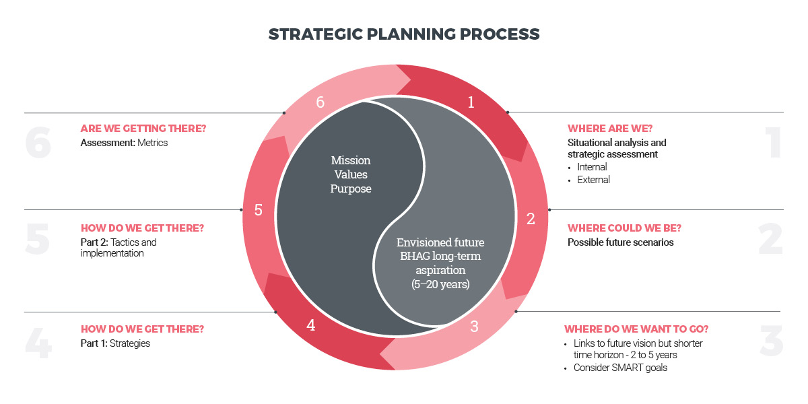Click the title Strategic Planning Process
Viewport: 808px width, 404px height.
(x=404, y=34)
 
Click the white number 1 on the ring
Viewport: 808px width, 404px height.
(x=471, y=102)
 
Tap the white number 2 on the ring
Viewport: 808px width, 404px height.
(x=531, y=218)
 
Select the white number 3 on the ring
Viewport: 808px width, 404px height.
(x=474, y=327)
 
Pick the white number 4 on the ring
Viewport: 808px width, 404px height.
(x=310, y=325)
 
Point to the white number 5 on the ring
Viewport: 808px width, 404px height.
(x=258, y=210)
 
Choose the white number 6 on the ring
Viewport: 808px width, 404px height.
(x=321, y=102)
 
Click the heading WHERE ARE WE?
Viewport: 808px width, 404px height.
(x=610, y=129)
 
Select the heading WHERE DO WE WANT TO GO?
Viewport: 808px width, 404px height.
(x=636, y=329)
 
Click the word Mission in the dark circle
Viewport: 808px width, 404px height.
(x=351, y=161)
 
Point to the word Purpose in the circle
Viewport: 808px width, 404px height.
(x=351, y=189)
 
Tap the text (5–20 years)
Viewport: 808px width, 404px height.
(x=440, y=285)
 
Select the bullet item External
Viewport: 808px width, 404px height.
(x=593, y=180)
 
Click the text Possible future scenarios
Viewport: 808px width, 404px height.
(x=620, y=242)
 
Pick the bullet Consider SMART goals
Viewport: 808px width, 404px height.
(x=620, y=368)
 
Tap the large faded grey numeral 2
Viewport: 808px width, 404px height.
(x=770, y=239)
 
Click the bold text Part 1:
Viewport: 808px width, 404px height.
(x=94, y=343)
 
